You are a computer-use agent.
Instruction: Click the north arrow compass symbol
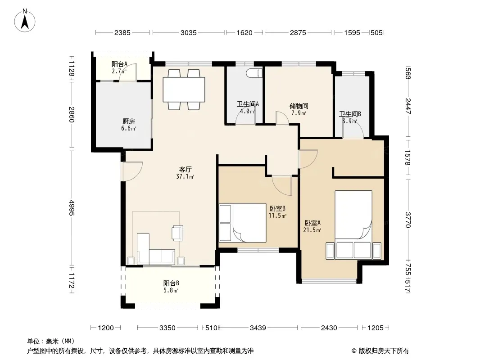(x=25, y=21)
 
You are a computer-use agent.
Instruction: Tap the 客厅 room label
(x=185, y=169)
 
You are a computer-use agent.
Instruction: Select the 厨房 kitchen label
(x=129, y=121)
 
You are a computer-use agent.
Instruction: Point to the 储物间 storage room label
(x=299, y=106)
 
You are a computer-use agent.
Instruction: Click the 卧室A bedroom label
(x=312, y=223)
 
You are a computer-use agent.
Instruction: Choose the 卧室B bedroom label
(x=277, y=209)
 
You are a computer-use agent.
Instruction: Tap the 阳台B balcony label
(x=171, y=283)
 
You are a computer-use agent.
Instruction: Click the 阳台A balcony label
(x=119, y=64)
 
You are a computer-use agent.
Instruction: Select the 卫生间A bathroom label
(x=248, y=104)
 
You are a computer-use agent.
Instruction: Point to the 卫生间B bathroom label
(x=350, y=114)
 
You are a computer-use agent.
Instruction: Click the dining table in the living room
(x=184, y=90)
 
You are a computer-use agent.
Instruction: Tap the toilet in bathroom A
(x=254, y=73)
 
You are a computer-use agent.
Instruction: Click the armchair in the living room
(x=178, y=233)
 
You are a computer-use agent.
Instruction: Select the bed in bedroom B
(x=243, y=223)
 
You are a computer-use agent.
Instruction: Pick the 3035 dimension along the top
(x=189, y=33)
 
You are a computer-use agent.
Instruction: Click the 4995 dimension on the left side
(x=71, y=208)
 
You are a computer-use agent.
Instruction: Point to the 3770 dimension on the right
(x=408, y=220)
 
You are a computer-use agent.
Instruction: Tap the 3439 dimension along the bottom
(x=258, y=328)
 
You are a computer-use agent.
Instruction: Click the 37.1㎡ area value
(x=185, y=176)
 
